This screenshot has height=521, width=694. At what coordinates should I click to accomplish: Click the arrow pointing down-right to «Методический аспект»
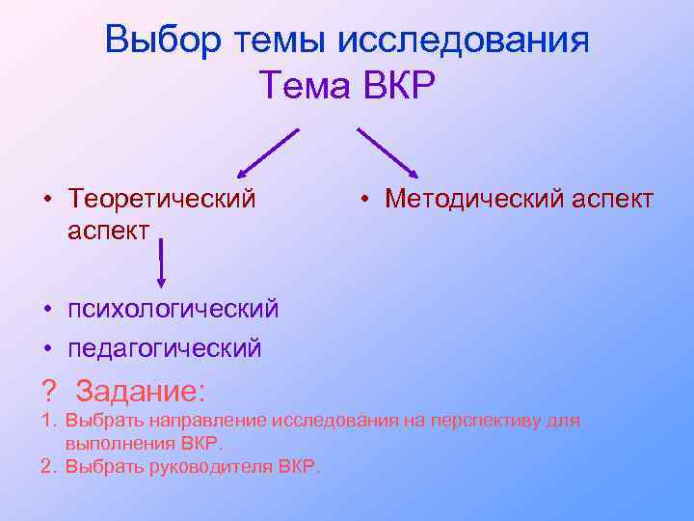tap(387, 151)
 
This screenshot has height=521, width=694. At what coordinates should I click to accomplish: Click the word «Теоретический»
tap(162, 199)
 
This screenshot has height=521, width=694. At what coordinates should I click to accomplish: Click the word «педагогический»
tap(165, 347)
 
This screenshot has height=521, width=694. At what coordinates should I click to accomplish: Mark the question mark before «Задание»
tap(48, 392)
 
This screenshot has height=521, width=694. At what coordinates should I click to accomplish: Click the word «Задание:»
tap(141, 392)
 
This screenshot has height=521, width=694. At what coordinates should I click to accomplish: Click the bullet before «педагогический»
tap(46, 347)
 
